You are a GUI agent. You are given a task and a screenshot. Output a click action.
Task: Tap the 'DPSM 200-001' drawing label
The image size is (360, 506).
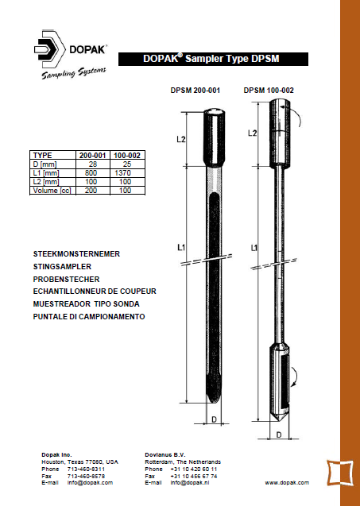[195, 91]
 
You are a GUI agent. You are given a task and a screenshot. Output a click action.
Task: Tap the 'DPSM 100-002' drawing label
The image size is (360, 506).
[269, 91]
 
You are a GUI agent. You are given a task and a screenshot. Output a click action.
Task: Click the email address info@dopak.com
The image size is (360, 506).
[90, 482]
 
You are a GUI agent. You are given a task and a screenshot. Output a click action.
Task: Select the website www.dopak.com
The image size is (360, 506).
[287, 482]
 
